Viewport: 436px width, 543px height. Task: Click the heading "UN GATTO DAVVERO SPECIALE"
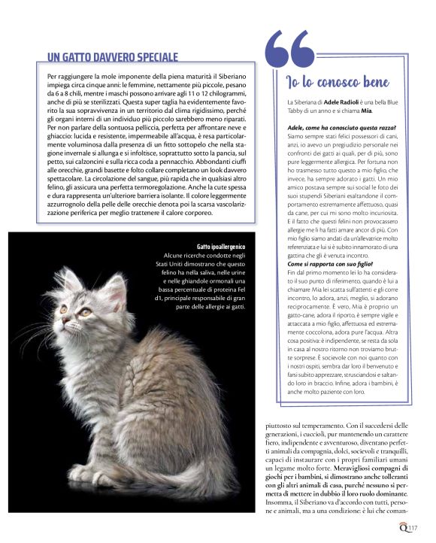[112, 56]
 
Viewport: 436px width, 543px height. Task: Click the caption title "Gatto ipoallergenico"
[221, 246]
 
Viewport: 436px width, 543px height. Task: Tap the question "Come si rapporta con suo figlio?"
[330, 265]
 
